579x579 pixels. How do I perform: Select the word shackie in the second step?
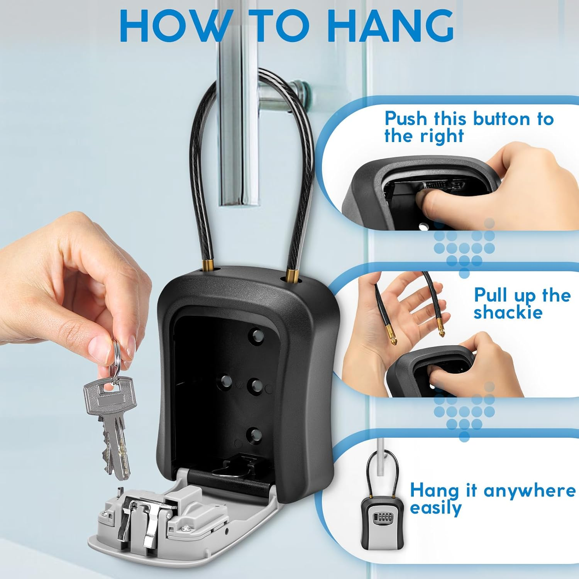tap(508, 312)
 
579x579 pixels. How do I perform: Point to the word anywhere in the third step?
tap(529, 491)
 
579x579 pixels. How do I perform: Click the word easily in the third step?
tap(435, 509)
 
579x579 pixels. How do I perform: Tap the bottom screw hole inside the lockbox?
tap(253, 435)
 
